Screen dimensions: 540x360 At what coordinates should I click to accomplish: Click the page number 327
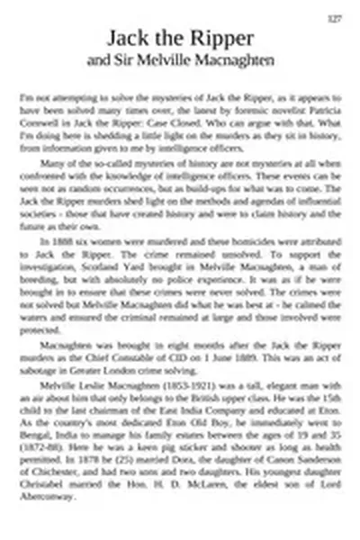(333, 18)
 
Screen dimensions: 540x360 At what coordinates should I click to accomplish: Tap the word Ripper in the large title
(220, 39)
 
